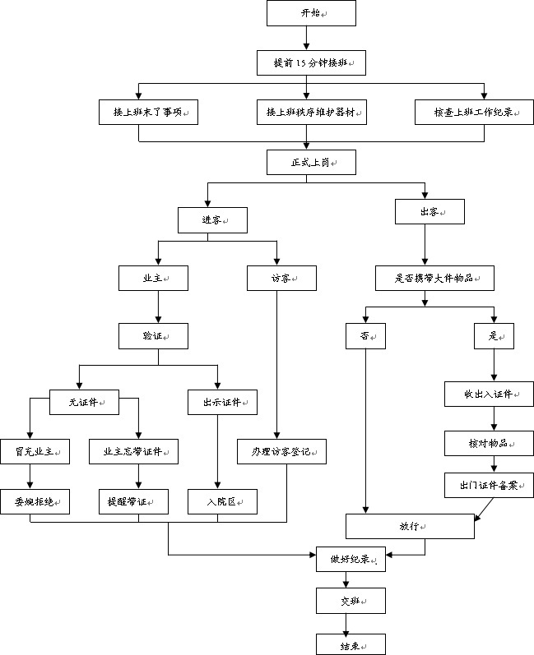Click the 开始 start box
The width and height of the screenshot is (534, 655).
(x=312, y=13)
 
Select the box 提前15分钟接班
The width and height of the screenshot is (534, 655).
(x=312, y=63)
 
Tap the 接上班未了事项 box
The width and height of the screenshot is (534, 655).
(x=148, y=112)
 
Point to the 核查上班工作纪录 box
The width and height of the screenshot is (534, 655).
(x=474, y=112)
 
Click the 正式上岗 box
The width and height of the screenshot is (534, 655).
(x=312, y=162)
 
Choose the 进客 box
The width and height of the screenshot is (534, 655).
(x=212, y=220)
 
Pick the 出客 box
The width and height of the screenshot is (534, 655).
(x=430, y=212)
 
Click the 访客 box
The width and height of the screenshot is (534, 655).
(x=282, y=279)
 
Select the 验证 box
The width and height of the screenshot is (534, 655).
(x=154, y=336)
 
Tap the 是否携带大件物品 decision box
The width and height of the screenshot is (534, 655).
(x=435, y=279)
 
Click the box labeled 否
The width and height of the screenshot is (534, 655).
(x=365, y=336)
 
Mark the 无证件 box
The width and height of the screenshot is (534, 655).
(x=84, y=402)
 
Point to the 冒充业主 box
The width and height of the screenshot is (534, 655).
(x=35, y=451)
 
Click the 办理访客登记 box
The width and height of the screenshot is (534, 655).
(x=282, y=451)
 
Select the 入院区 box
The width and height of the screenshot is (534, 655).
(x=222, y=501)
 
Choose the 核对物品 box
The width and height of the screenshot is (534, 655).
(x=490, y=443)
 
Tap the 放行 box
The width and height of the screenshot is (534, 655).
(x=411, y=526)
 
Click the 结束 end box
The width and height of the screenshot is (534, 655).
(x=351, y=644)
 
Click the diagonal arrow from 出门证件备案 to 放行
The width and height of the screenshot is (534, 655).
(x=485, y=510)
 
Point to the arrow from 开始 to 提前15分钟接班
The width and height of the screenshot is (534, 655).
(x=307, y=39)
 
